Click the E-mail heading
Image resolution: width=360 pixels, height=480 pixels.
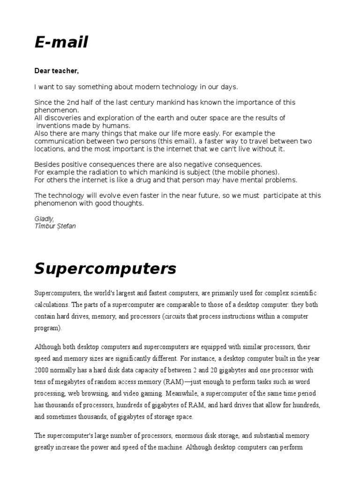[61, 43]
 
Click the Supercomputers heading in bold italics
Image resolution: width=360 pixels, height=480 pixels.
[105, 269]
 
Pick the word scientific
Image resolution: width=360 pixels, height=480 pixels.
[300, 293]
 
